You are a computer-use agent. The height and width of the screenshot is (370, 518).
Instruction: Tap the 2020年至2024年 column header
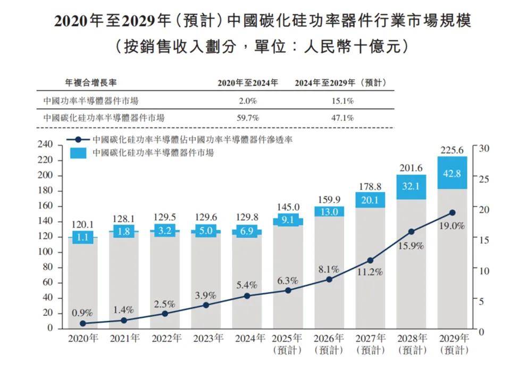(247, 83)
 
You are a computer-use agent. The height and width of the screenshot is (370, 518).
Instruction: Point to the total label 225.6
(452, 150)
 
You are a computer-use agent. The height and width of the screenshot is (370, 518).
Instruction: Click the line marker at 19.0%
(452, 212)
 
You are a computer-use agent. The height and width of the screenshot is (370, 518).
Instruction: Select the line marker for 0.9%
(83, 323)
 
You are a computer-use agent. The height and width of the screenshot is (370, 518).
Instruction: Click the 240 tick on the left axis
(46, 145)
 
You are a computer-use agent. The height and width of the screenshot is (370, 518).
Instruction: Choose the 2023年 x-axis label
(206, 338)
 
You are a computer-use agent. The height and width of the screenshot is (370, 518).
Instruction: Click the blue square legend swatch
(78, 153)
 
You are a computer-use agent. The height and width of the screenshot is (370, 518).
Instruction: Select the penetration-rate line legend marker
(78, 140)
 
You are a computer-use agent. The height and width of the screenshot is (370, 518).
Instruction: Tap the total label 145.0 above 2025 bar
(288, 207)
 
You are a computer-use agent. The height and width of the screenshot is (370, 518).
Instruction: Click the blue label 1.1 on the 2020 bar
(83, 237)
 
